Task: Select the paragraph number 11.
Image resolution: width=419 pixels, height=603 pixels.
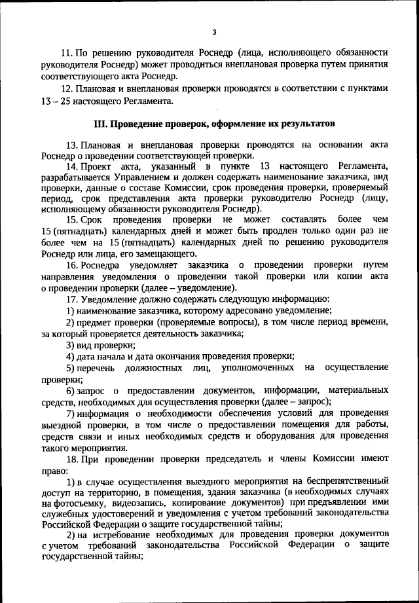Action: [65, 52]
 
